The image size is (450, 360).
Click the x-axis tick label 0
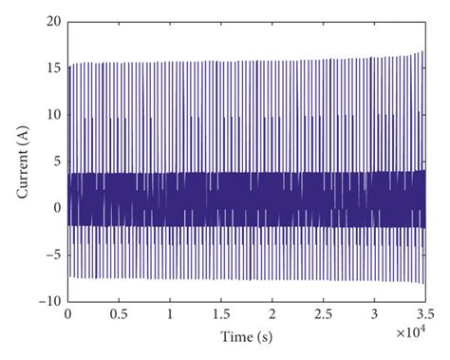click(67, 313)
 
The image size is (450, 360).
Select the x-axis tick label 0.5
click(119, 313)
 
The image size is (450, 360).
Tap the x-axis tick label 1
click(170, 313)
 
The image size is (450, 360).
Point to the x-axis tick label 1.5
click(221, 313)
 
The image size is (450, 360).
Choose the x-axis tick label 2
click(272, 313)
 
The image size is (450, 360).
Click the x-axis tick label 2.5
click(324, 313)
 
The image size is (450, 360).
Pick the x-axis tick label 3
click(375, 313)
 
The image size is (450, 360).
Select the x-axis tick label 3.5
click(424, 313)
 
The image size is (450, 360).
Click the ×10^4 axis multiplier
click(409, 329)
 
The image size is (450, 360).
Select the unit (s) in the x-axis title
click(264, 337)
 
